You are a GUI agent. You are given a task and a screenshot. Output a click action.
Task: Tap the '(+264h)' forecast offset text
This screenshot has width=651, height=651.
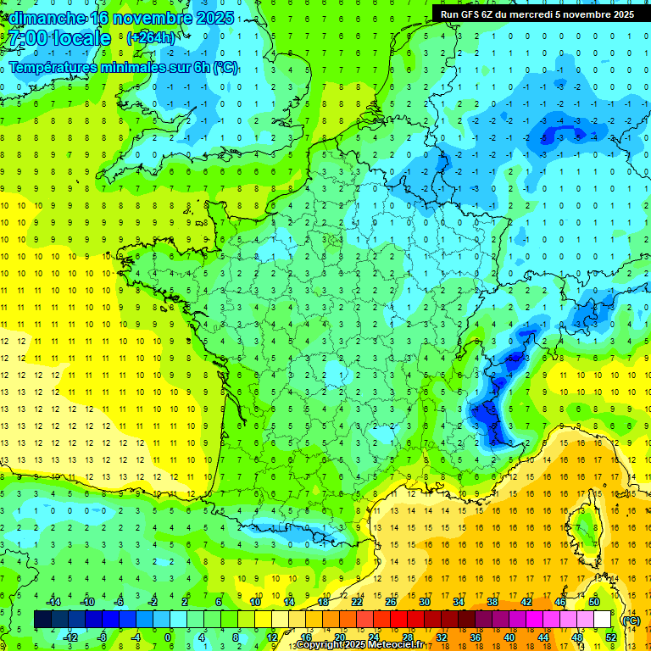pos(151,38)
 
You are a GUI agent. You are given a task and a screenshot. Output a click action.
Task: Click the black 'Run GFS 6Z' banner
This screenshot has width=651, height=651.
pos(537,14)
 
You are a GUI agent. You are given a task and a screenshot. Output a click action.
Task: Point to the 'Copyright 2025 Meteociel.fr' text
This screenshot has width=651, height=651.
pos(360,645)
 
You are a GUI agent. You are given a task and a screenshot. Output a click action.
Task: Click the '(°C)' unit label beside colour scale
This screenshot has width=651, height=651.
pos(630,620)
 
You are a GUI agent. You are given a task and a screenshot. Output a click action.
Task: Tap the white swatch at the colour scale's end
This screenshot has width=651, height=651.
pos(602,620)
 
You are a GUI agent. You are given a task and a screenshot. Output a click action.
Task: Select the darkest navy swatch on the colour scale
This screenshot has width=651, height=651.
pos(42,620)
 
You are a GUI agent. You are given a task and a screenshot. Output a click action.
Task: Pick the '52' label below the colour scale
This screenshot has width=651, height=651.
pos(611,637)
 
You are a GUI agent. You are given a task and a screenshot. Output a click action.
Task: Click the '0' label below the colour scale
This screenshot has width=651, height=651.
pos(168,637)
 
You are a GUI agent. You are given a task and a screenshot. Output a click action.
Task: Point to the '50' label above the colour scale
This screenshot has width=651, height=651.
pos(594,602)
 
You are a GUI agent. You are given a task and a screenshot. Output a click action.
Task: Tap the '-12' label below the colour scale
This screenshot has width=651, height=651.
pos(70,637)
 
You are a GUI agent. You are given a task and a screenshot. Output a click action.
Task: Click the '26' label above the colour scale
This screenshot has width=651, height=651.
pos(391,602)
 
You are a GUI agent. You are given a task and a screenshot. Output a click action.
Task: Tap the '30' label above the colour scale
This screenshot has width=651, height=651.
pos(425,602)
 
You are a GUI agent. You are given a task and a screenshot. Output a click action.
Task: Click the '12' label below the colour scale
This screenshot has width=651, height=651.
pos(272,637)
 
